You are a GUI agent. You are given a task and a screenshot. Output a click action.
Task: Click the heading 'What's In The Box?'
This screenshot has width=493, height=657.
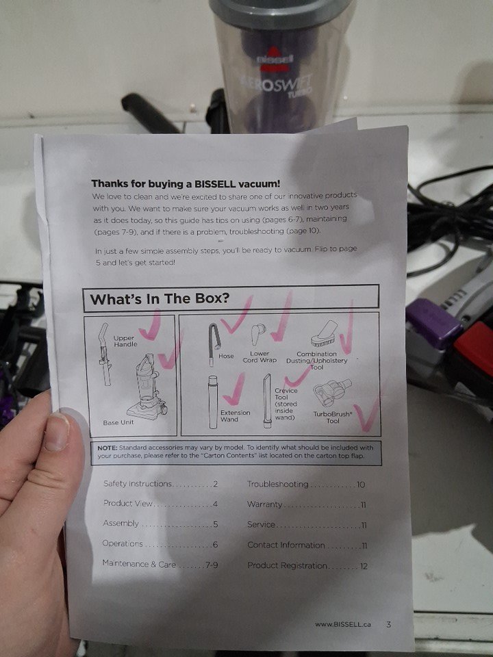point(160,299)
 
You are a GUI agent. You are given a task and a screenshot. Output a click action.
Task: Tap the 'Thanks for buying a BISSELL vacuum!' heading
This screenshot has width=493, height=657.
point(186,183)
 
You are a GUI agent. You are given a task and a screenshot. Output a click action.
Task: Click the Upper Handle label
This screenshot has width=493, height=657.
point(125,341)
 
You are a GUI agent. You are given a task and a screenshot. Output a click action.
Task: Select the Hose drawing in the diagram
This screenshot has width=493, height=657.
point(214,344)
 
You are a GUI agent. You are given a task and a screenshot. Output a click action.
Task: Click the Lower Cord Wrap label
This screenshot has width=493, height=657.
point(260,357)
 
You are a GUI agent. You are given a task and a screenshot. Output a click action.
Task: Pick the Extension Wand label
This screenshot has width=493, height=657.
point(235,415)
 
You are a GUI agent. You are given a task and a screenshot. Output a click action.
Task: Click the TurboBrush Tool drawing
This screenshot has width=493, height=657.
point(332,394)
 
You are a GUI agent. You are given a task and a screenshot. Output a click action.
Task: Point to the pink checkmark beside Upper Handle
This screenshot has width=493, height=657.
point(151,326)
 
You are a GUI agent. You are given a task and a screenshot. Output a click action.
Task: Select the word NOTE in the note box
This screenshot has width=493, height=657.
point(107,448)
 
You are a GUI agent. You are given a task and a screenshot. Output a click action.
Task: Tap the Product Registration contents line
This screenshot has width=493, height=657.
point(307,566)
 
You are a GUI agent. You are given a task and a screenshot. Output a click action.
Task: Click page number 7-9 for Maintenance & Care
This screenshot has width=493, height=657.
point(212,565)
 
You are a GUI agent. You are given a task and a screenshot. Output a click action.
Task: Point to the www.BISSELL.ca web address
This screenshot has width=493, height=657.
point(343,624)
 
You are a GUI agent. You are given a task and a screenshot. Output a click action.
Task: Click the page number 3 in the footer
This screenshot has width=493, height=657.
point(389,624)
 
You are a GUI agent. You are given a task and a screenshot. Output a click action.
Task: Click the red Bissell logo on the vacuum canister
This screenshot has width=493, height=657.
point(274,57)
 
